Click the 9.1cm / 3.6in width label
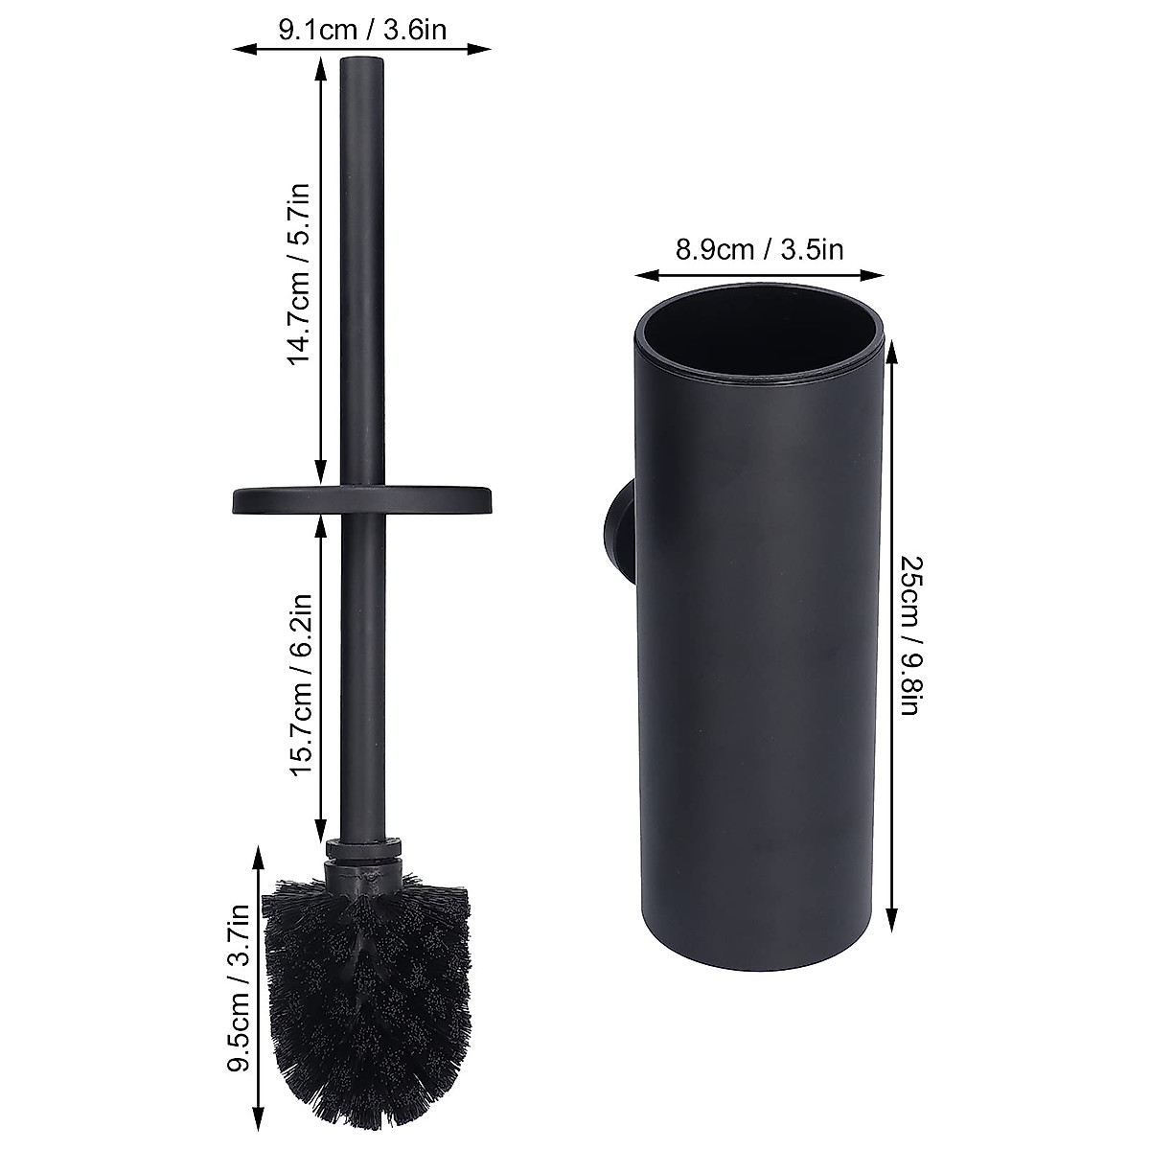point(362,30)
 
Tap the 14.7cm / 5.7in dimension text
point(298,274)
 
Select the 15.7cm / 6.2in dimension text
point(300,684)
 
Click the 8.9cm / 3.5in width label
point(759,248)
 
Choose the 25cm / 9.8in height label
point(911,635)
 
